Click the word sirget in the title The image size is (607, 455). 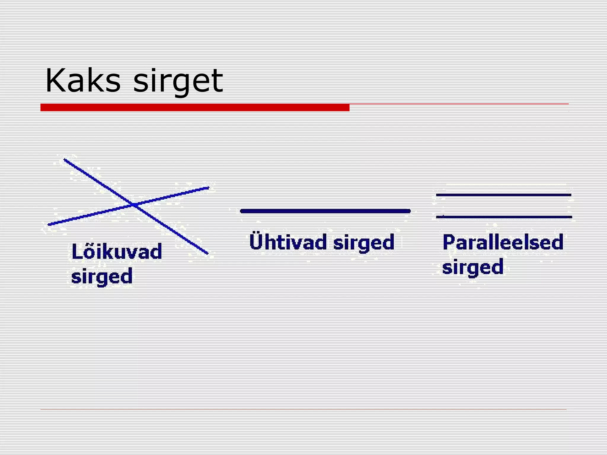(x=178, y=81)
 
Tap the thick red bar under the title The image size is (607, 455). (x=195, y=108)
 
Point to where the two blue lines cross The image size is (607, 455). (x=134, y=204)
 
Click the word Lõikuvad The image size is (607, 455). (x=117, y=252)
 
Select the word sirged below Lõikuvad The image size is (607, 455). (x=102, y=276)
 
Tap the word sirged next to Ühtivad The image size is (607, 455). (x=364, y=243)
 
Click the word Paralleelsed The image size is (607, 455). (x=503, y=242)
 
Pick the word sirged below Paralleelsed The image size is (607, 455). (x=473, y=267)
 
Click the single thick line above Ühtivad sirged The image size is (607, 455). (x=325, y=211)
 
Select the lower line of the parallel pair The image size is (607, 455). (x=504, y=217)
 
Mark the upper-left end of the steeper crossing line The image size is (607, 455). (x=65, y=160)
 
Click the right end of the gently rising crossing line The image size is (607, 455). (x=208, y=188)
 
